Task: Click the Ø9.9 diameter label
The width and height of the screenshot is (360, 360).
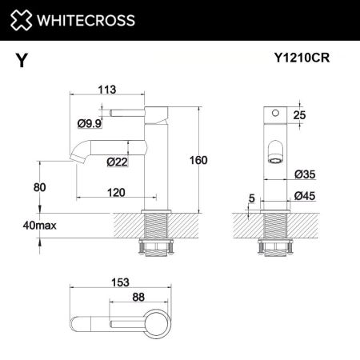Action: point(89,122)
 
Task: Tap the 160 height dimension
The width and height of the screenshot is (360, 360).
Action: point(198,160)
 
